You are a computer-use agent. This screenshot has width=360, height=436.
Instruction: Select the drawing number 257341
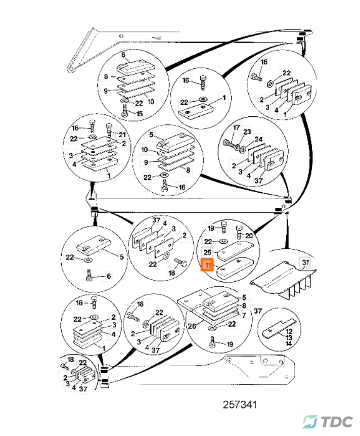click(x=241, y=405)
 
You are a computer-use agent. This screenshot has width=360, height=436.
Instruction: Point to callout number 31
click(x=305, y=263)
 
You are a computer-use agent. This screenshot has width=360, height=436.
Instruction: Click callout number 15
click(x=139, y=113)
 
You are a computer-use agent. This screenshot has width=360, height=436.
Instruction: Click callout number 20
click(x=248, y=236)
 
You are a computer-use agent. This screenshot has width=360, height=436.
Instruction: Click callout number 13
click(x=289, y=337)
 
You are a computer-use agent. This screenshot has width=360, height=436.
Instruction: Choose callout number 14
click(x=289, y=343)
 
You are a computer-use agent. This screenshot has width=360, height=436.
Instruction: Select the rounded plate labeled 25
click(x=234, y=249)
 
